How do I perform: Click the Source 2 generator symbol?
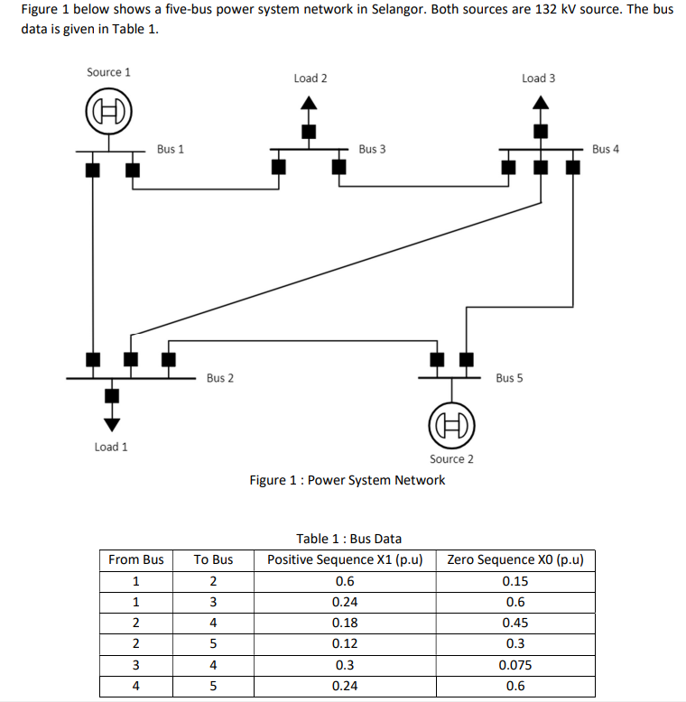[451, 424]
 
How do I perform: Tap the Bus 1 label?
[171, 149]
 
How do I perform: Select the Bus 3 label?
[372, 149]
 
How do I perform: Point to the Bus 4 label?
[606, 149]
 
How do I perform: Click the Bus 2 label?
[219, 377]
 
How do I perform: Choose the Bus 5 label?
[509, 377]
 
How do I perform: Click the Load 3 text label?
[539, 79]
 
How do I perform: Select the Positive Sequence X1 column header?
[345, 559]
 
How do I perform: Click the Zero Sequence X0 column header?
[514, 559]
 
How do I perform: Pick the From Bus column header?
[136, 559]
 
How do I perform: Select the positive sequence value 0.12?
[345, 643]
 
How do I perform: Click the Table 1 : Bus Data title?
[349, 539]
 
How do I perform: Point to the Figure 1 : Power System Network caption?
[348, 480]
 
